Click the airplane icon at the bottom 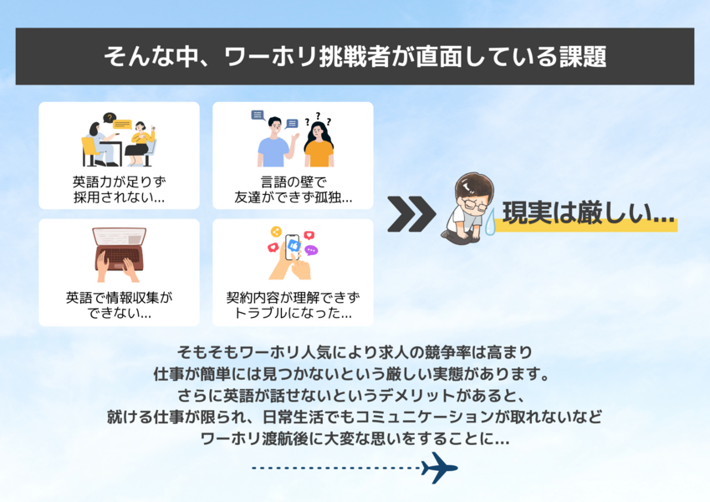(x=439, y=468)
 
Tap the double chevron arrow (x=411, y=214)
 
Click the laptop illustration (x=119, y=254)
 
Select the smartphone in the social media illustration (x=292, y=248)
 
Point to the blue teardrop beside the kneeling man (x=490, y=222)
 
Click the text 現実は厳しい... (x=589, y=213)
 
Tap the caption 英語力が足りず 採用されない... (x=119, y=189)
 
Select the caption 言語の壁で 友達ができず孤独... (x=293, y=189)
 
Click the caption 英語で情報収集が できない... (x=119, y=305)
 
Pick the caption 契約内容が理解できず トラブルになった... (x=293, y=305)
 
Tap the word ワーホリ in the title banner (x=271, y=57)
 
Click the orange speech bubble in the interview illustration (x=122, y=124)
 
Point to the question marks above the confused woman (x=318, y=119)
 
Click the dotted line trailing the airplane (x=336, y=468)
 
